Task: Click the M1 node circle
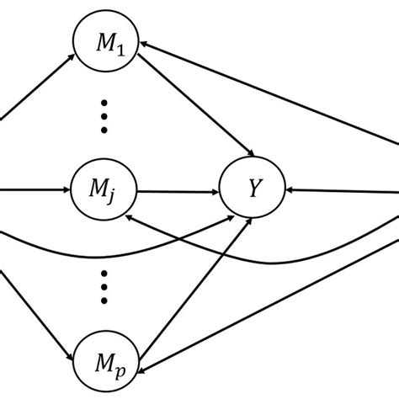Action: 106,44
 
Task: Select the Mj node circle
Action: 106,192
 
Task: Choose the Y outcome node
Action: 252,191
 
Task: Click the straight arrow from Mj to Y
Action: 177,192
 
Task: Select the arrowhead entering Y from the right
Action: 291,191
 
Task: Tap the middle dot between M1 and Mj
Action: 104,117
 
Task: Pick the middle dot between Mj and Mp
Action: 104,286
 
